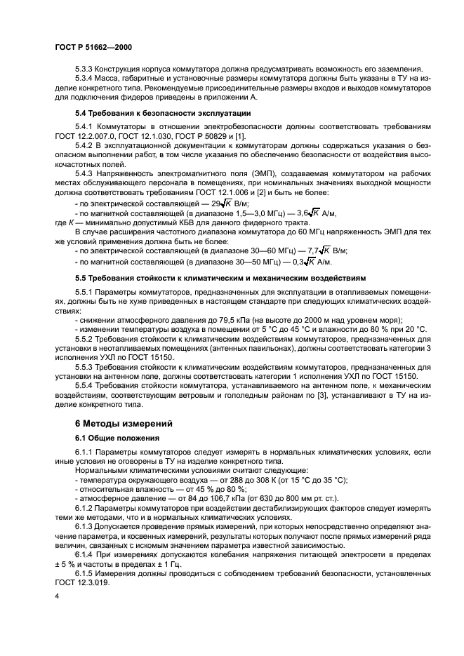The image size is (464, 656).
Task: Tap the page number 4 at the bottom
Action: pos(56,595)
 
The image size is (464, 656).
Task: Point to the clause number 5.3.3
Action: pos(85,69)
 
